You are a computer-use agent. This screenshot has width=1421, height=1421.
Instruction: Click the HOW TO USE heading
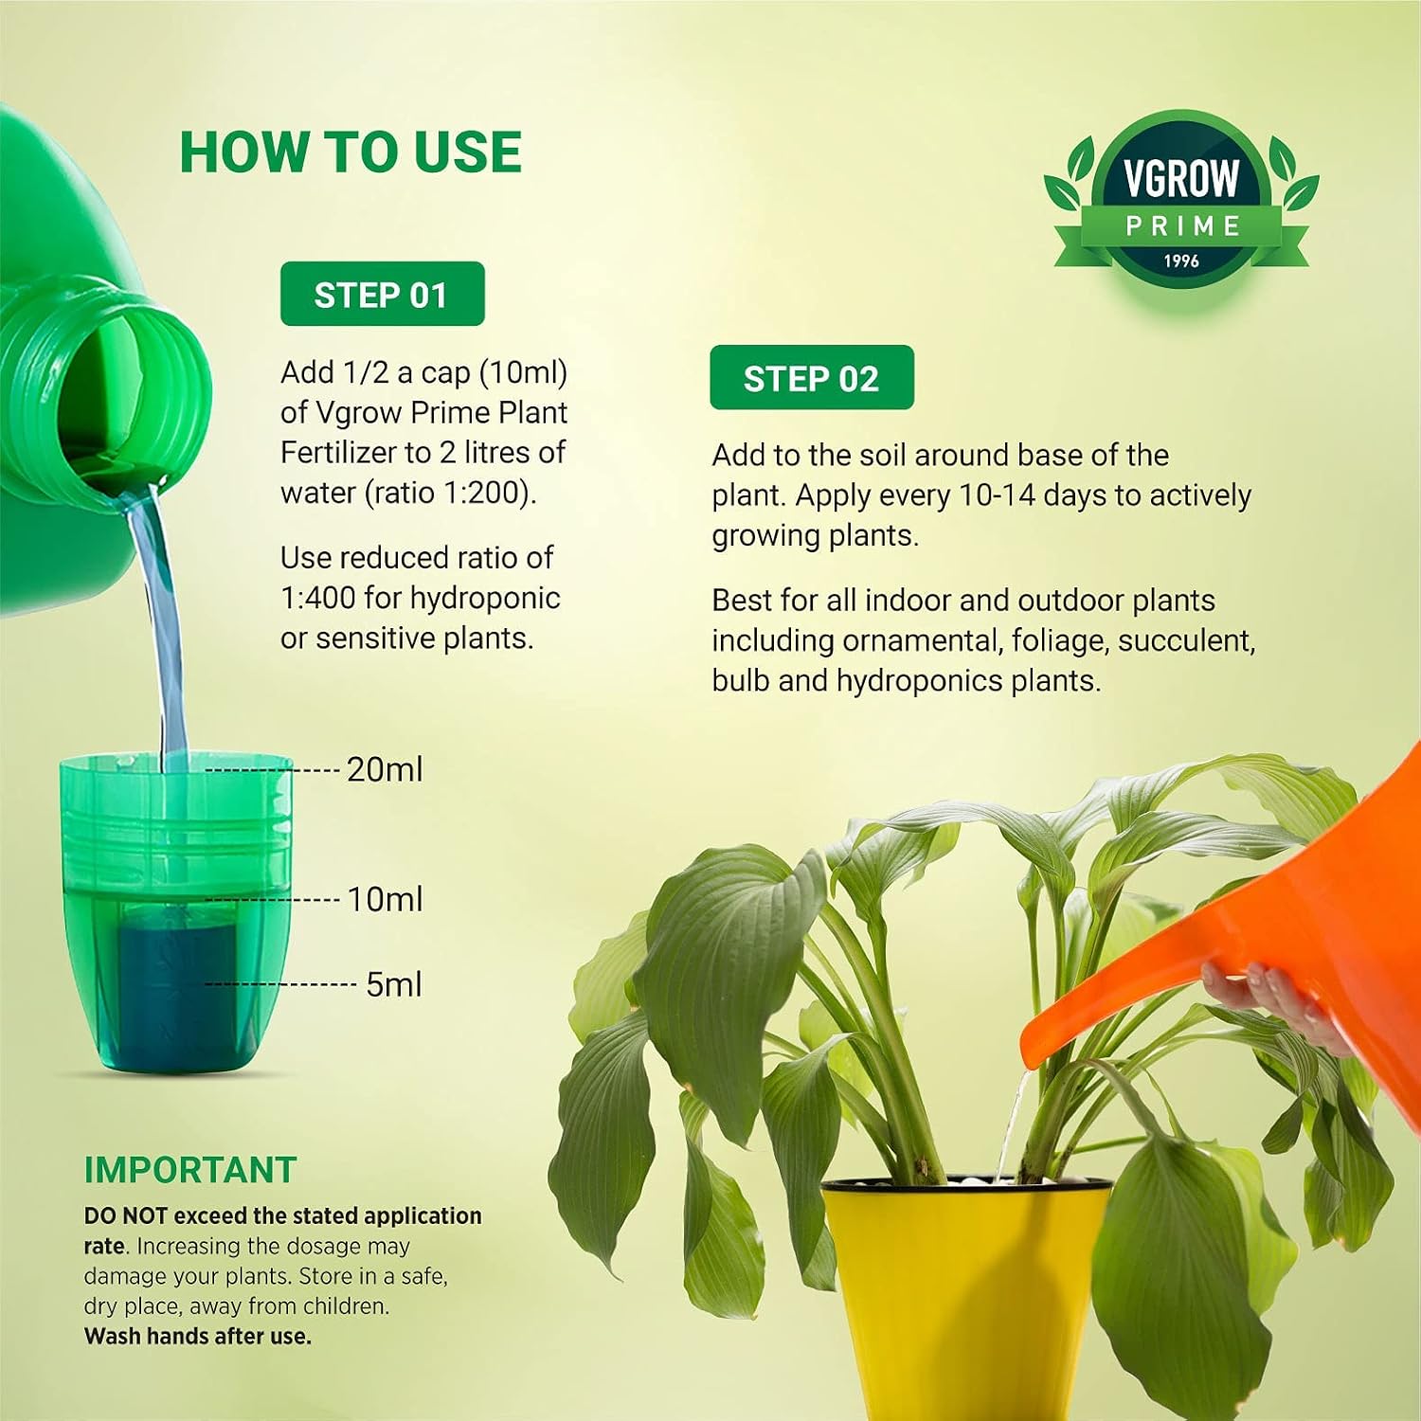[x=351, y=153]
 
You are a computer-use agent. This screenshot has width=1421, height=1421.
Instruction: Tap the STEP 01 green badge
[x=382, y=294]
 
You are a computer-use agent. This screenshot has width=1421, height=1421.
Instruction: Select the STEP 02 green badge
[x=812, y=378]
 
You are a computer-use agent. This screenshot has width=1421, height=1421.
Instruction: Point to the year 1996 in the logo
[x=1181, y=261]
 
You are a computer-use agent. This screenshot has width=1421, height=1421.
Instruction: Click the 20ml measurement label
[x=385, y=769]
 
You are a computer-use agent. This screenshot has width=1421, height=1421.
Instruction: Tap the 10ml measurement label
[x=385, y=899]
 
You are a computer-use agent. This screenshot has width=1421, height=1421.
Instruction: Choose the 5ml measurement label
[x=394, y=984]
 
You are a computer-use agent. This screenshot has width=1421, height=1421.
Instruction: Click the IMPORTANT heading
[x=190, y=1170]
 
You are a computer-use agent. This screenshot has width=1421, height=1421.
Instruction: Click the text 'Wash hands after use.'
[x=198, y=1337]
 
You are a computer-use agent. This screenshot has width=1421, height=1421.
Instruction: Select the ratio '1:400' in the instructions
[x=318, y=598]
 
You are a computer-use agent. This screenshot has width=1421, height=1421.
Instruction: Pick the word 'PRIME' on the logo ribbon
[x=1183, y=226]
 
